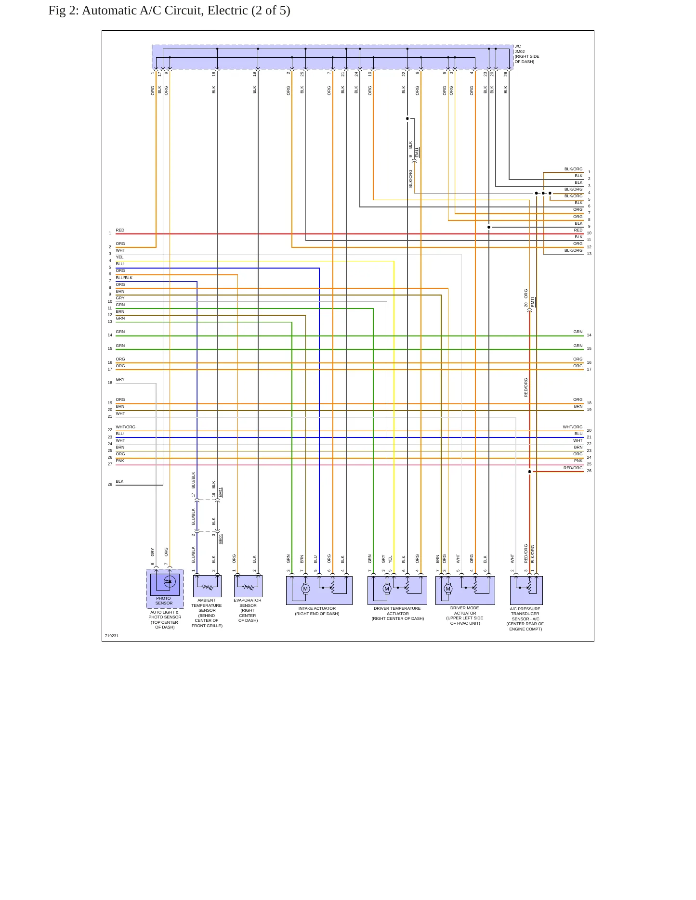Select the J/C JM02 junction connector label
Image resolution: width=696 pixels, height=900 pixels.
526,54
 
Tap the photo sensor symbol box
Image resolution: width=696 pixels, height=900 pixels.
165,584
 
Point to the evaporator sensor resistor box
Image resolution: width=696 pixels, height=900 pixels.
248,586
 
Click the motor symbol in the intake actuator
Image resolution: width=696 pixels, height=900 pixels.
305,589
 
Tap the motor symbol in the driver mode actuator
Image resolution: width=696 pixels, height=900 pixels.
448,589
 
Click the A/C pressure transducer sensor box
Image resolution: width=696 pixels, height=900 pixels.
526,590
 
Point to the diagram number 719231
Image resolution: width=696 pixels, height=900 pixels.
112,636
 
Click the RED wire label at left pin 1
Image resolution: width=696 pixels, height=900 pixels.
120,230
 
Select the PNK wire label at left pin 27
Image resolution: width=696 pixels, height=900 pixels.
120,461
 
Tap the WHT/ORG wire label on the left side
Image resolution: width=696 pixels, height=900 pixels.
125,427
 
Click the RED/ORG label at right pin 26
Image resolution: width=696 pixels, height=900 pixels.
573,468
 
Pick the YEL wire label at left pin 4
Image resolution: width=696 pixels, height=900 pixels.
119,257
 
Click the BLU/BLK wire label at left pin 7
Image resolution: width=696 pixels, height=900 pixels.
124,278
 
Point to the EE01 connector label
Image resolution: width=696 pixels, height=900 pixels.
221,539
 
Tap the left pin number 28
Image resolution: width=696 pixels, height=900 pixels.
110,484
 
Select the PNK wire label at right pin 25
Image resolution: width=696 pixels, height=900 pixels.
578,461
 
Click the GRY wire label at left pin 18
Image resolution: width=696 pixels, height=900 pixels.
120,379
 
